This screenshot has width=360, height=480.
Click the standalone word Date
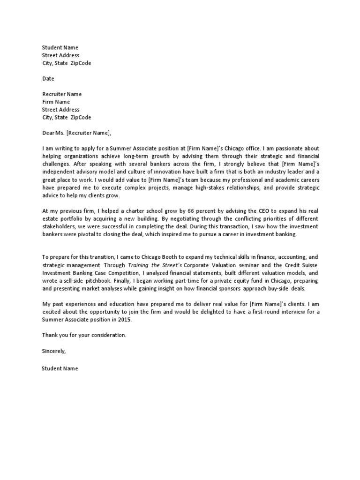click(x=48, y=78)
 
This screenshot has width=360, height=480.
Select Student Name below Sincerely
click(x=60, y=368)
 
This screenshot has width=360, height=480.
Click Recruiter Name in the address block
click(x=62, y=94)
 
